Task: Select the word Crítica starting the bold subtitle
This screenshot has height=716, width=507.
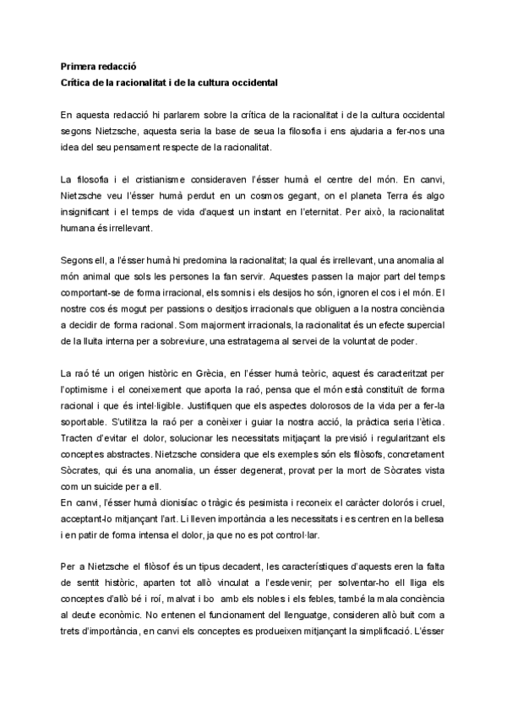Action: point(79,84)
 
